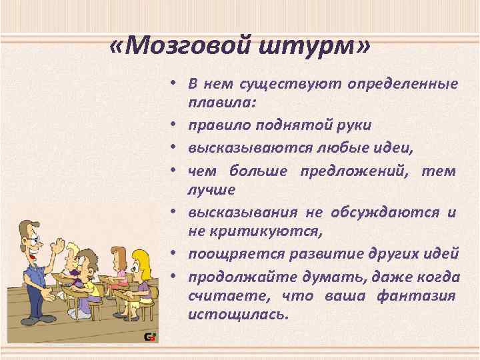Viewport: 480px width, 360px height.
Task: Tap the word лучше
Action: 211,190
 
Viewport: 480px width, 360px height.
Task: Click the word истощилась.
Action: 238,314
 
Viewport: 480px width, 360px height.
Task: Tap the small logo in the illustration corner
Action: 151,337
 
